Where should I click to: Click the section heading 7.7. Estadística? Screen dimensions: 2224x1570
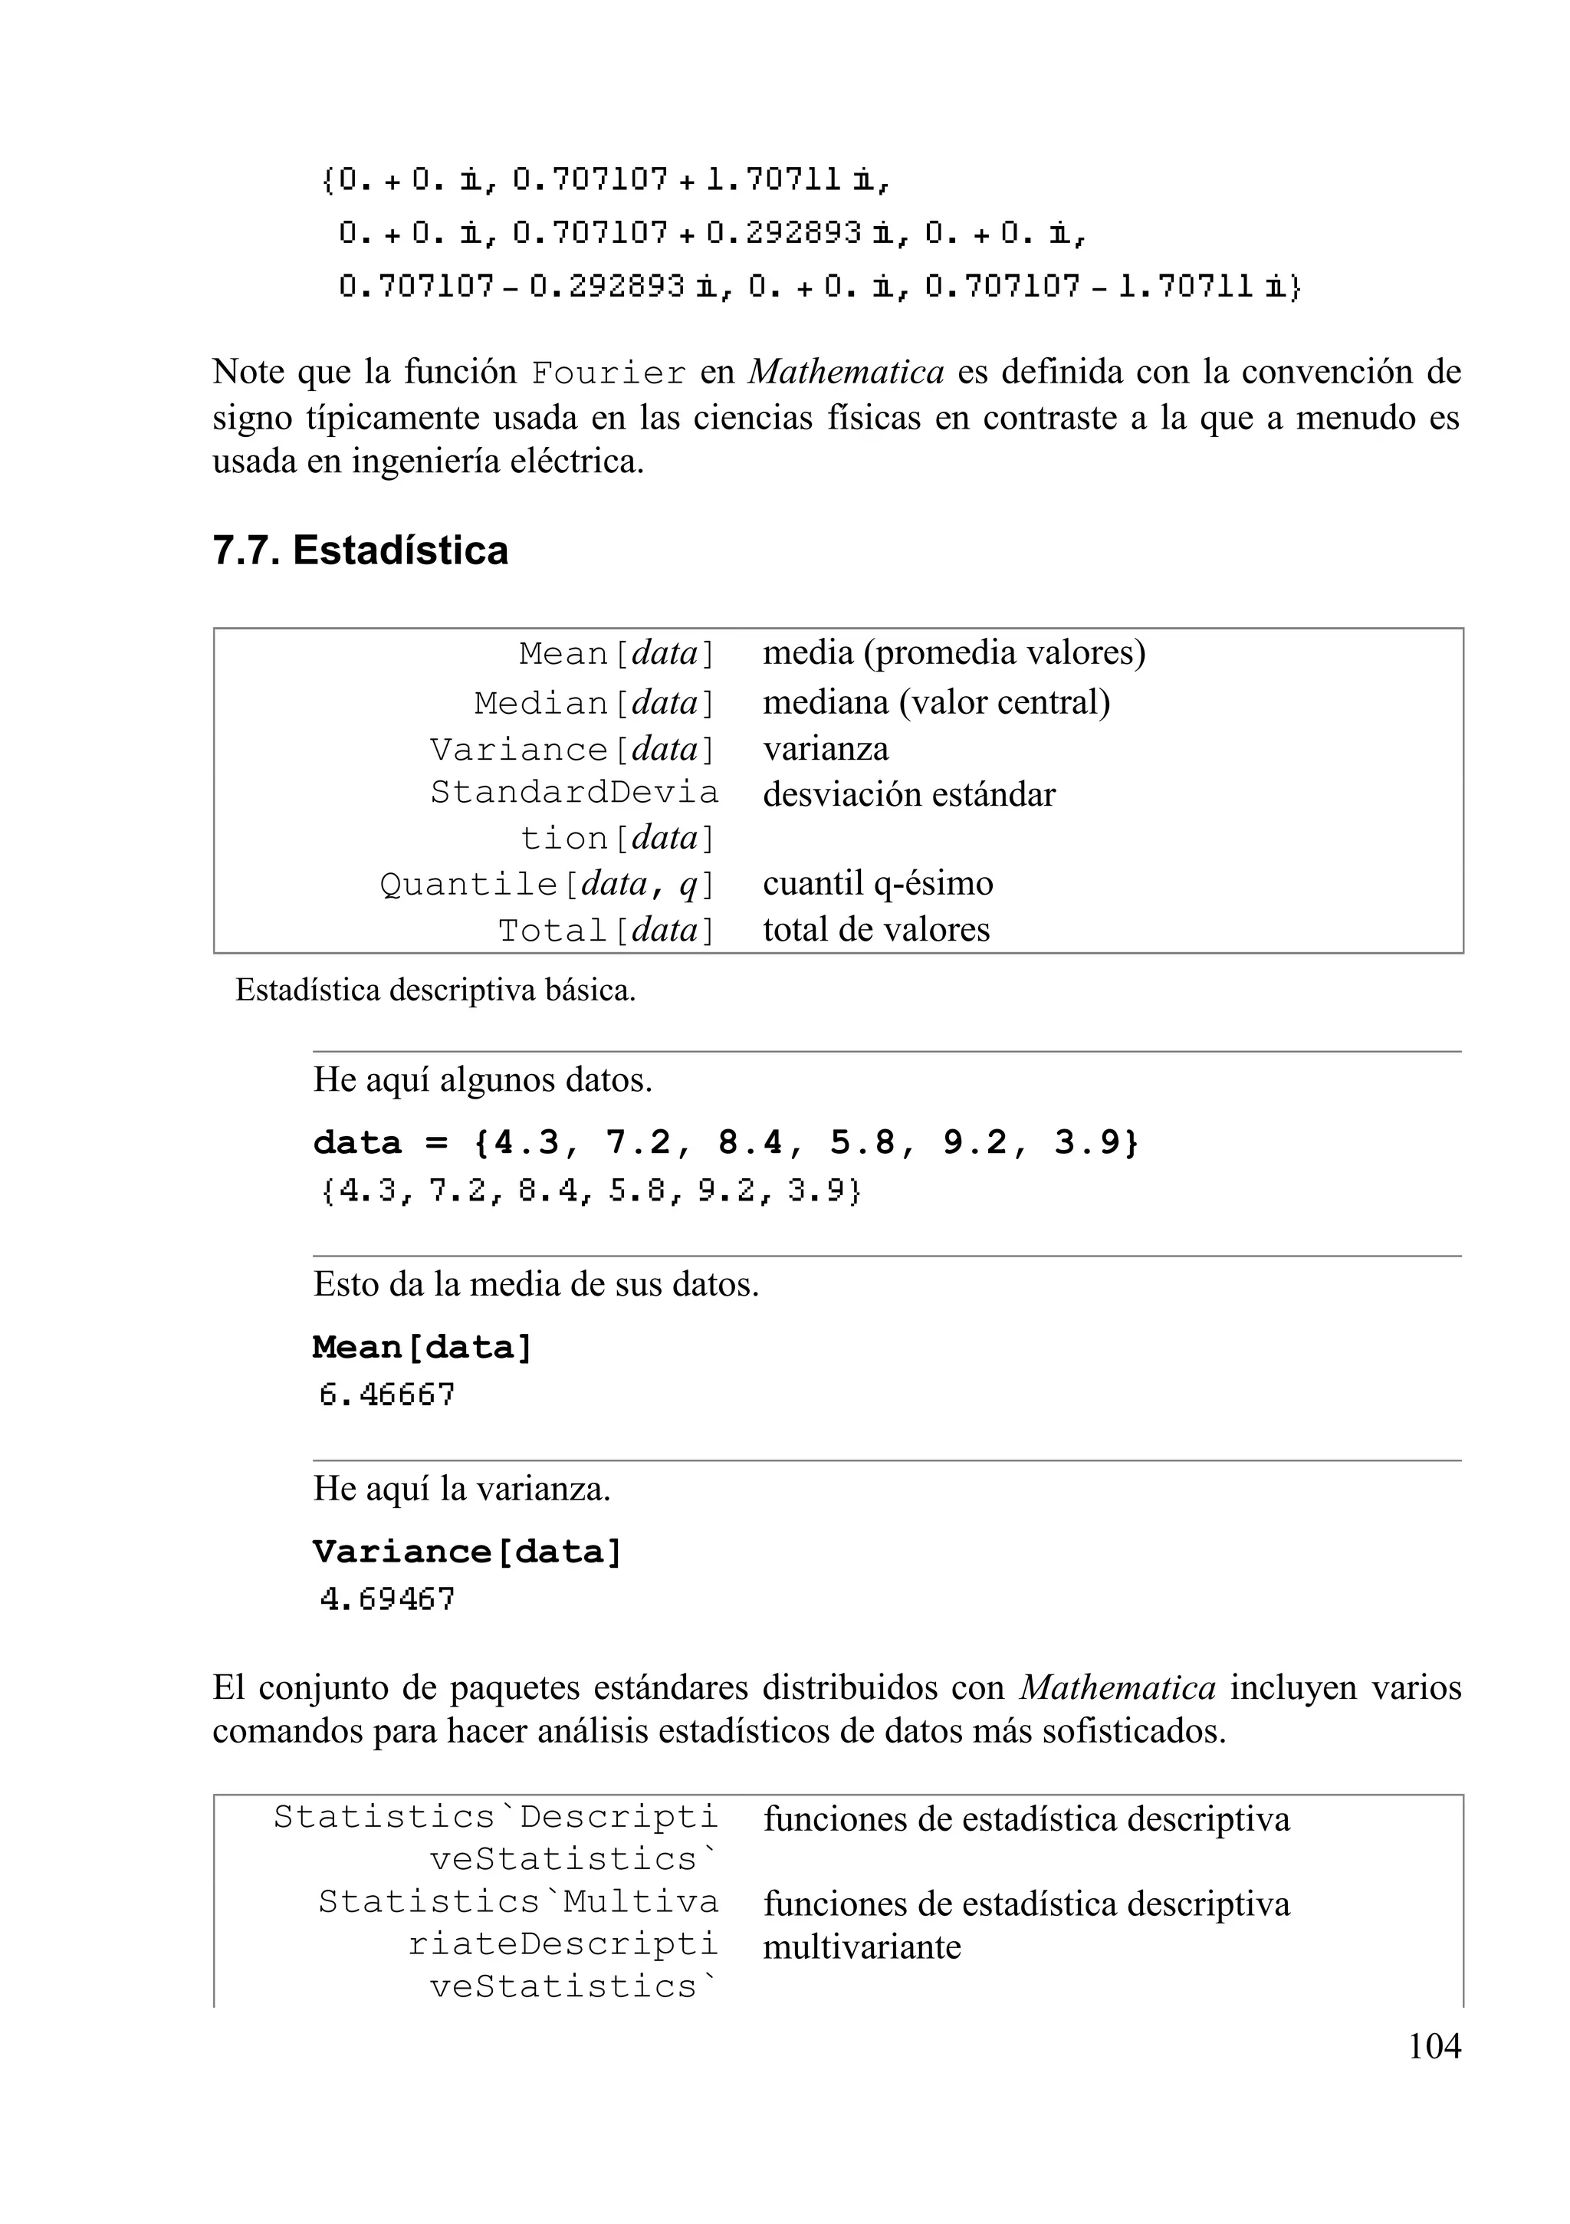[360, 550]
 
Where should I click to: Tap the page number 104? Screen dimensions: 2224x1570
[1434, 2046]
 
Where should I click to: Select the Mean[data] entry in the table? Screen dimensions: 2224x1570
[617, 654]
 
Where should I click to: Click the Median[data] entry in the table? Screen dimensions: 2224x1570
[595, 703]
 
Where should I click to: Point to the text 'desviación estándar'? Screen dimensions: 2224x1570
[908, 794]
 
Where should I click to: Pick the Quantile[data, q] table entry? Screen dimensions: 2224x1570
[547, 883]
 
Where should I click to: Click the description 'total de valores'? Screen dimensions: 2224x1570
[875, 930]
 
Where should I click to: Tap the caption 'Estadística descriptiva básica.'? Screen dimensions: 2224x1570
[435, 991]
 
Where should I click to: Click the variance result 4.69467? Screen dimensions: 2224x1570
[387, 1599]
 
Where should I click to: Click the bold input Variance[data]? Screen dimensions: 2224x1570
[467, 1552]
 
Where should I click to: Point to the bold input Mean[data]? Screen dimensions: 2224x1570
[422, 1348]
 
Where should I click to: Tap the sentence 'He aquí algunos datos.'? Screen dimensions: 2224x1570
[482, 1080]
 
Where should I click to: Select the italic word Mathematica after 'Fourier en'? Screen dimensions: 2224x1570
[846, 372]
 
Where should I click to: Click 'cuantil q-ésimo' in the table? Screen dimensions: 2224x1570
[878, 883]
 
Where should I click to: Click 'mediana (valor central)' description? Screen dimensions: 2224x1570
[935, 702]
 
